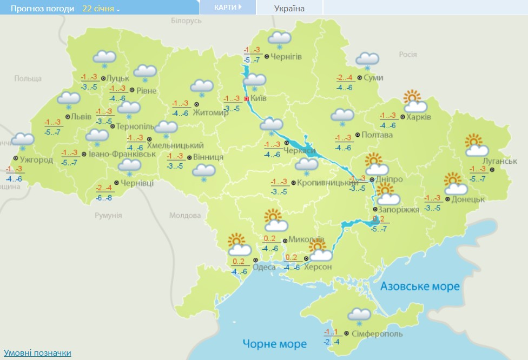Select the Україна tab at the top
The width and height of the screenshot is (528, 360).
click(x=289, y=8)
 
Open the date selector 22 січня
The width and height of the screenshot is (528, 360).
click(x=101, y=9)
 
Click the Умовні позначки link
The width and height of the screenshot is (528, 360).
click(x=36, y=353)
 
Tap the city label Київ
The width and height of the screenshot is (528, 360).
click(x=258, y=99)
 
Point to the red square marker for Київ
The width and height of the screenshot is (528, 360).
click(x=246, y=99)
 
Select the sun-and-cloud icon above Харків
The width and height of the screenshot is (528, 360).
click(x=414, y=101)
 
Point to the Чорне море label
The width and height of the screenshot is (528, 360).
click(x=275, y=344)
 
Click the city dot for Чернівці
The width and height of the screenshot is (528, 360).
click(x=116, y=183)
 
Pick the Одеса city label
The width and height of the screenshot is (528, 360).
click(x=264, y=267)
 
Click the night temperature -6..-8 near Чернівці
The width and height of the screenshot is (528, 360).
click(x=104, y=198)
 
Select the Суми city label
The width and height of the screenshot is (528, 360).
click(x=373, y=78)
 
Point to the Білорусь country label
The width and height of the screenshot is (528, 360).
click(x=186, y=21)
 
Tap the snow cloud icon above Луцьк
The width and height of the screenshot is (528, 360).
click(x=104, y=58)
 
